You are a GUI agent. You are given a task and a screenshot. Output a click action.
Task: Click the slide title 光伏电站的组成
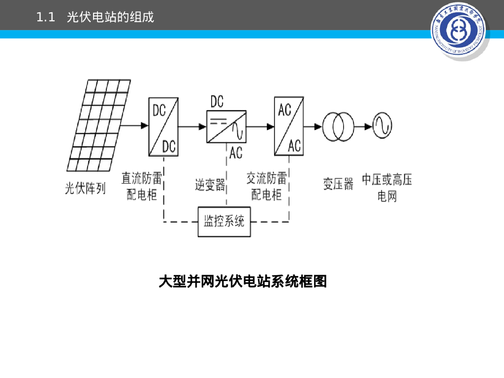110,18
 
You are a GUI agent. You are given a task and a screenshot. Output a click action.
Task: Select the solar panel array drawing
100,125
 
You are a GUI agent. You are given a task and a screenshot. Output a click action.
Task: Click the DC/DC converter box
163,126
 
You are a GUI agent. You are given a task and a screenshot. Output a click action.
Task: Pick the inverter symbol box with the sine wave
226,126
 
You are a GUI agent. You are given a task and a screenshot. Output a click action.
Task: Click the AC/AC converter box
288,126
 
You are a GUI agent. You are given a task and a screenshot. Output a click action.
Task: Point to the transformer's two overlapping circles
338,126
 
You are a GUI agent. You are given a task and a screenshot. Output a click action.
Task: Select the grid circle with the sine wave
382,126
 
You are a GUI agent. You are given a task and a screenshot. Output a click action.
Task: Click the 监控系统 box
224,221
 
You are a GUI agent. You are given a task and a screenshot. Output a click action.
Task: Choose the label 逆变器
210,185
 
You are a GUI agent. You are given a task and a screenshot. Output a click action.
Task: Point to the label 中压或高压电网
387,188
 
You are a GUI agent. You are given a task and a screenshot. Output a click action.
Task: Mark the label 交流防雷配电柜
266,186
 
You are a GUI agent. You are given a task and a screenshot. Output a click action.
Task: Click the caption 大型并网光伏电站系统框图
243,282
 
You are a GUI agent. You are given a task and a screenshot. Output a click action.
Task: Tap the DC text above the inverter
217,102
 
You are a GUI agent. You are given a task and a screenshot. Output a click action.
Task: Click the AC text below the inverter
236,153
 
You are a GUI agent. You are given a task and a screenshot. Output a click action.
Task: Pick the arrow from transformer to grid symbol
363,126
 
